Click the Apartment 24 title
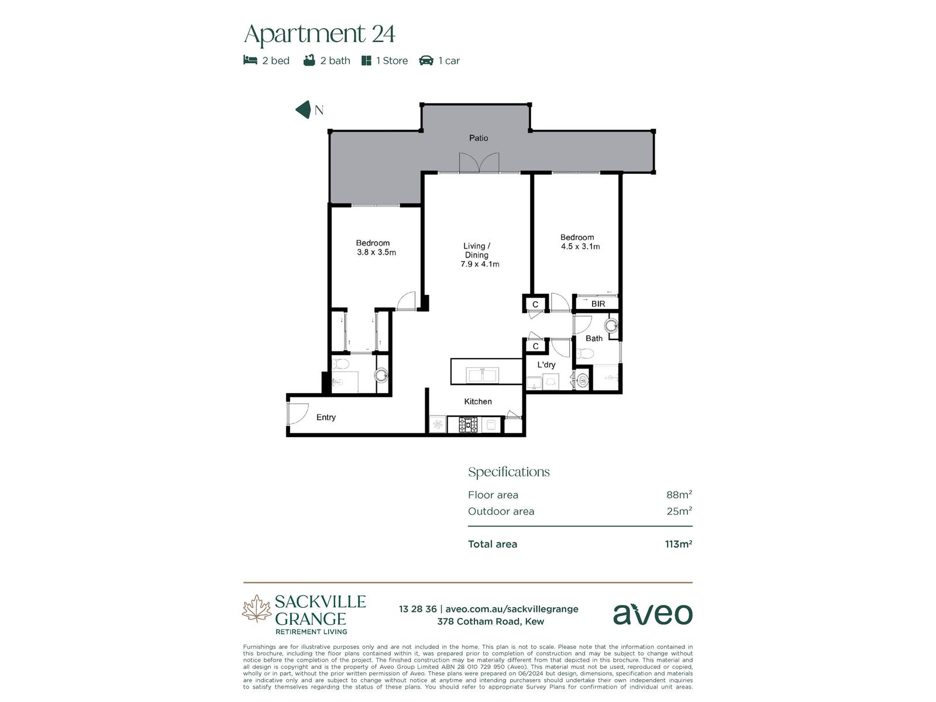click(319, 34)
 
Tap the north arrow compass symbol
click(303, 109)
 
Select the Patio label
click(478, 137)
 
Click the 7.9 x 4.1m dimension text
click(480, 264)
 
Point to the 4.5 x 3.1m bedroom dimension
click(580, 246)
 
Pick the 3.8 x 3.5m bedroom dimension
click(376, 252)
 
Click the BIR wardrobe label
click(598, 304)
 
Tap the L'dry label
click(546, 364)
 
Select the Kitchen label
click(477, 401)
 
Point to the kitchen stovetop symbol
click(468, 425)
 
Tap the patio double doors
click(479, 163)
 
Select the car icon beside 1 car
click(426, 60)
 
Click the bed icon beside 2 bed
click(250, 60)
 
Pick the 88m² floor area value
click(679, 494)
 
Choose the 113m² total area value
click(679, 544)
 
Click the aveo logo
click(652, 614)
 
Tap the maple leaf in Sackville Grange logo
click(257, 608)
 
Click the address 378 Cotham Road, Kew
click(490, 621)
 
